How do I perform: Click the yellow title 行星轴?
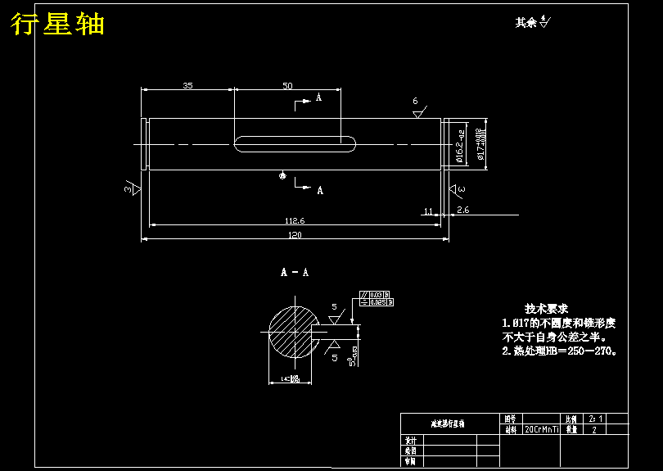[x=57, y=25]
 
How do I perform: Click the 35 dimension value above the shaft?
[x=187, y=85]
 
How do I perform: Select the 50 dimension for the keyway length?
[x=287, y=85]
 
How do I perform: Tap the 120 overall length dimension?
[x=295, y=235]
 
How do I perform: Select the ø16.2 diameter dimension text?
[x=461, y=147]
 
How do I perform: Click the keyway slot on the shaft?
[x=295, y=144]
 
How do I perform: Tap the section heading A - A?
[x=295, y=272]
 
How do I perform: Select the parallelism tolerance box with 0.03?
[x=377, y=294]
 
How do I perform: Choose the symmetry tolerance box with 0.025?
[x=377, y=302]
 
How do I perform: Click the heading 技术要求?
[x=546, y=309]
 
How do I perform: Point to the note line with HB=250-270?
[x=558, y=351]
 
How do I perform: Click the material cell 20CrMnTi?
[x=542, y=429]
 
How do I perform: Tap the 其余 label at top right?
[x=525, y=23]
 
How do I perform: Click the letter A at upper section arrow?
[x=318, y=98]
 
